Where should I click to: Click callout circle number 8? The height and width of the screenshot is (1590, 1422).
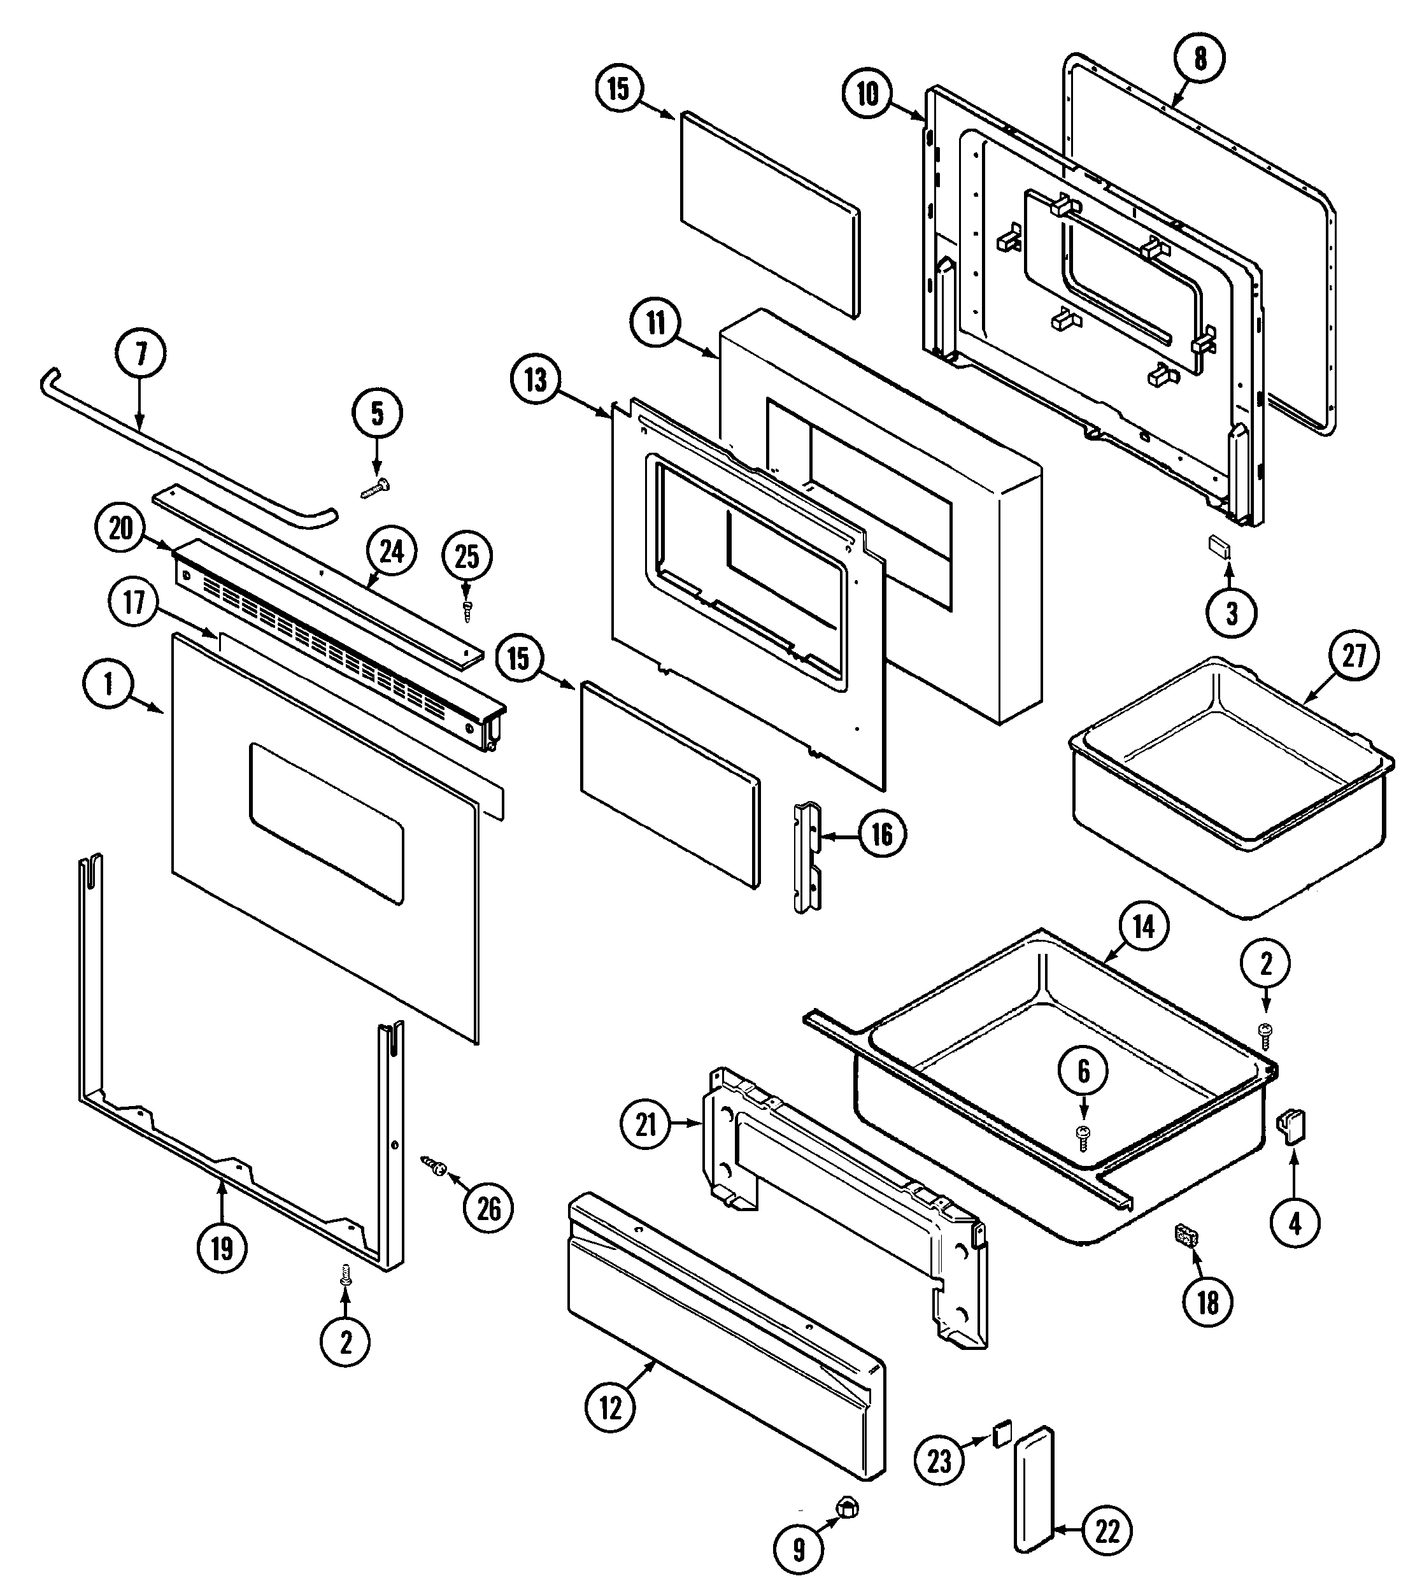tap(1200, 59)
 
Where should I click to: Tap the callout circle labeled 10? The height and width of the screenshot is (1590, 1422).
tap(868, 94)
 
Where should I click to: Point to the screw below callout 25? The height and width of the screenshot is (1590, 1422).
tap(466, 610)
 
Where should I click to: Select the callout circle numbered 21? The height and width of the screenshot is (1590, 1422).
tap(645, 1125)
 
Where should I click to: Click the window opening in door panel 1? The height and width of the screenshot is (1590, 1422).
tap(327, 825)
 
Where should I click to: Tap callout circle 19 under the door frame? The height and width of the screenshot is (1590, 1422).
tap(222, 1248)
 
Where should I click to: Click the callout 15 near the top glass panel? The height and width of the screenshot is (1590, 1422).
tap(618, 89)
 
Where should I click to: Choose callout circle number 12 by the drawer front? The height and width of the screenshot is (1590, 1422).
tap(610, 1408)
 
